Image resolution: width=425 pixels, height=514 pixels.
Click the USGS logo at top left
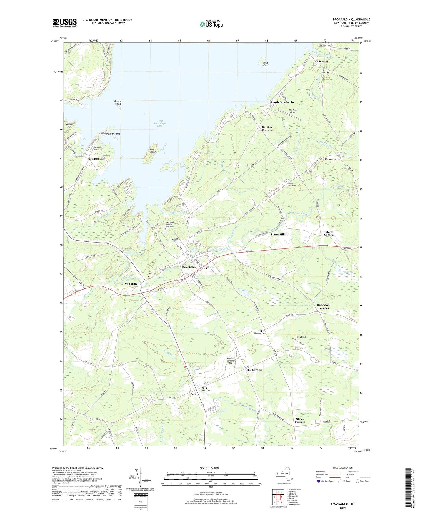65,23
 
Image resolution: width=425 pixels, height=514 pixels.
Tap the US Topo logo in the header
211,24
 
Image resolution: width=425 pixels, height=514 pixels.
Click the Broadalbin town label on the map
189,267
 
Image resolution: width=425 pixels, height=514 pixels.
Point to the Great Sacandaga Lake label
160,123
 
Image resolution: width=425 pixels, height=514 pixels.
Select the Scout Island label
153,151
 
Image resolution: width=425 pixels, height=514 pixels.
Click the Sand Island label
265,64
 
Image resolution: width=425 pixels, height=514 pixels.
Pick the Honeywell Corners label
323,306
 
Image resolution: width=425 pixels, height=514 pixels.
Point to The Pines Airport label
293,111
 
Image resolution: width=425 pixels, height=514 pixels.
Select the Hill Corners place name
254,370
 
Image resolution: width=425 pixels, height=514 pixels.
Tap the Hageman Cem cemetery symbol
261,331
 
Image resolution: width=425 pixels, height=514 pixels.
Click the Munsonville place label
97,159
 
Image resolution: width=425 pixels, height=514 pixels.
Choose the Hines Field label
301,337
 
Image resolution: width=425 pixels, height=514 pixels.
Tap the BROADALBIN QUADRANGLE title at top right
351,19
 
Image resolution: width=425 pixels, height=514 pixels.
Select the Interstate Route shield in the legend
319,481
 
